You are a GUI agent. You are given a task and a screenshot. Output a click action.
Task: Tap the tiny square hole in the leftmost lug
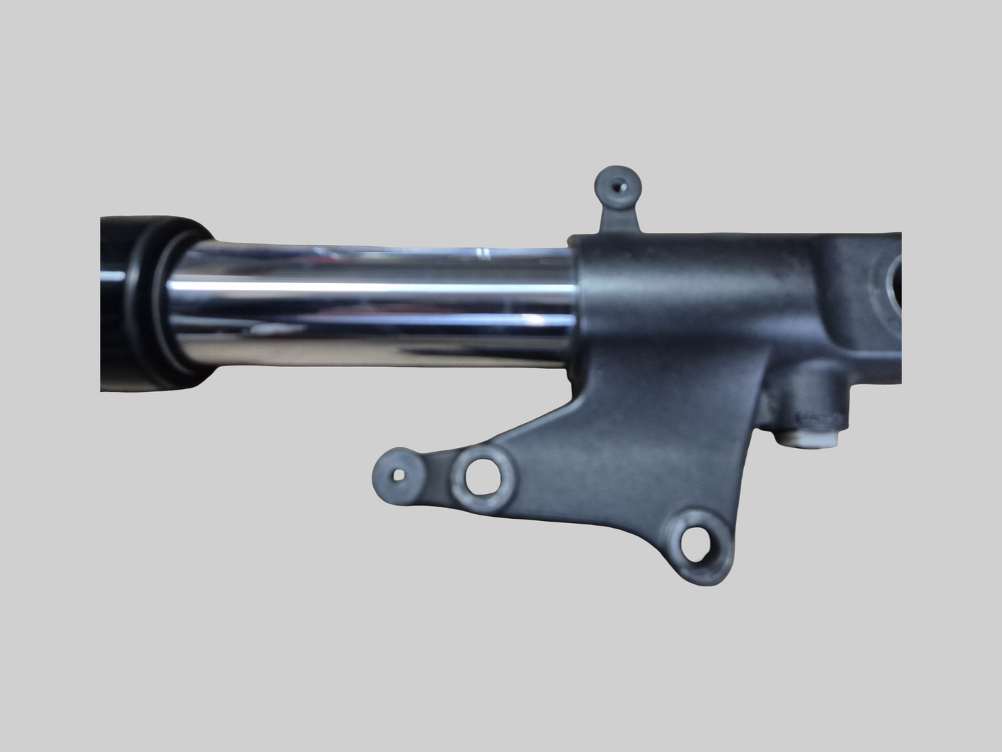tap(398, 475)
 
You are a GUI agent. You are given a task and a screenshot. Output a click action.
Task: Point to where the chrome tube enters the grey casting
tap(576, 305)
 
